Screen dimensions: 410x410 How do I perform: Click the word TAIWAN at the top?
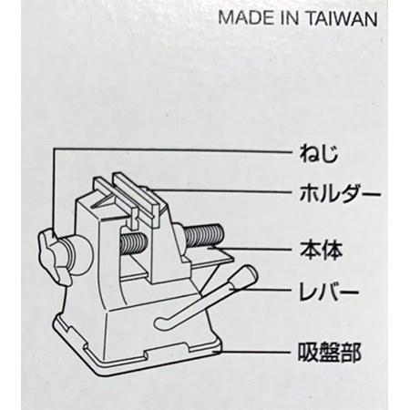(x=342, y=19)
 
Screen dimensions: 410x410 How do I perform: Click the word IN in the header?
(x=289, y=19)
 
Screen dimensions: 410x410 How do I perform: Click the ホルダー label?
(x=340, y=193)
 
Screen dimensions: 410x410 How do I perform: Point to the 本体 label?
(x=321, y=251)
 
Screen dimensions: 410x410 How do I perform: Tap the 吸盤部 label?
(x=330, y=353)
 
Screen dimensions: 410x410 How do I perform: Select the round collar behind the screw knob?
(x=79, y=256)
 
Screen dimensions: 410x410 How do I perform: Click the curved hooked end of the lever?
(x=161, y=322)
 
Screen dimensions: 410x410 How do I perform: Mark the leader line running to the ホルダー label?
(x=221, y=191)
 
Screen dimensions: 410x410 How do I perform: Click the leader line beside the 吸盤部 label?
(x=252, y=353)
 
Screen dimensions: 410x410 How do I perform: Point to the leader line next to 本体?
(x=250, y=250)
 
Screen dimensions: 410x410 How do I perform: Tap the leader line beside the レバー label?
(x=261, y=291)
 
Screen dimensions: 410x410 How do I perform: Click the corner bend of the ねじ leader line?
(x=54, y=149)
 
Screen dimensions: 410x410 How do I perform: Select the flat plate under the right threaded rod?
(x=210, y=257)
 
